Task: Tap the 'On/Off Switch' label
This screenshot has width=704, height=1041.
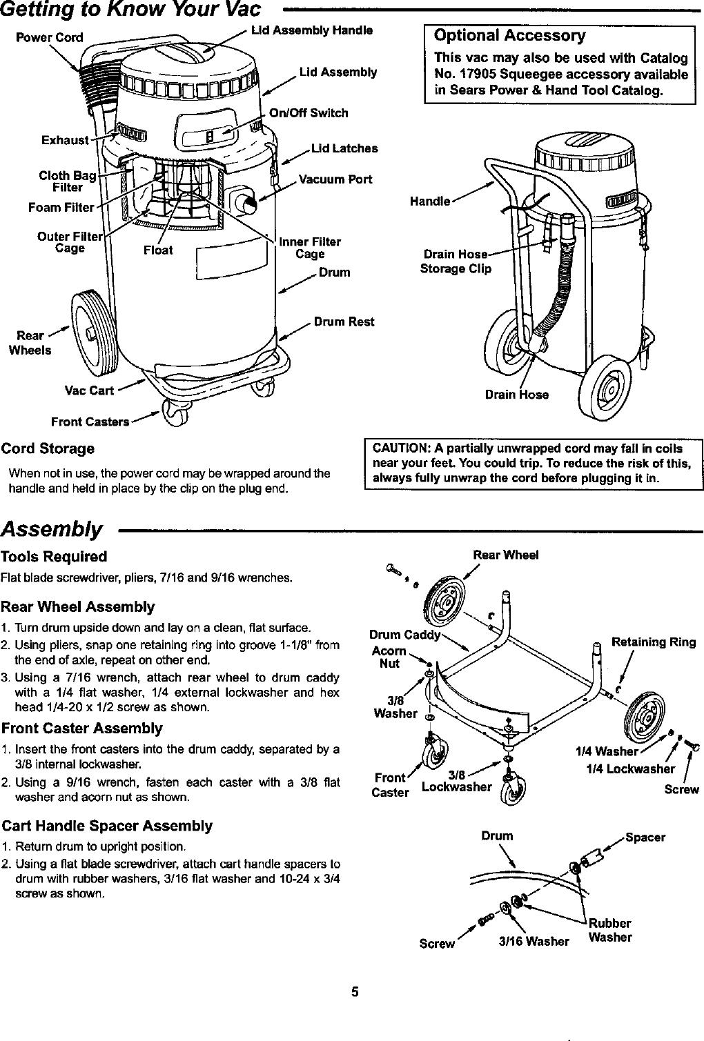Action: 309,113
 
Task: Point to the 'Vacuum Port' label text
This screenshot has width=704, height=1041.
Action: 335,179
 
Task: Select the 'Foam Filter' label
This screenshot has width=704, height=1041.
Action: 61,208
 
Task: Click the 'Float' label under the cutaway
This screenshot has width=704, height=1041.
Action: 158,250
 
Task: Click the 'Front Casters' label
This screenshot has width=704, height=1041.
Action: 90,422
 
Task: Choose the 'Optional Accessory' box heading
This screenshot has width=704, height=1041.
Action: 509,36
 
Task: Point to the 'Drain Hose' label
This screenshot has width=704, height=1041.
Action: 517,395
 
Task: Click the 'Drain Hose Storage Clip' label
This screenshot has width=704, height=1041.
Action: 456,261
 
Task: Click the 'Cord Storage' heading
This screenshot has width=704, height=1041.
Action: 48,448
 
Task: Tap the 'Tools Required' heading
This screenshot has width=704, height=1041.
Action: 54,557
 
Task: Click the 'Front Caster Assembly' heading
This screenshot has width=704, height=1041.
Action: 82,728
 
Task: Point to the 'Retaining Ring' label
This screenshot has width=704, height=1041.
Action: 654,642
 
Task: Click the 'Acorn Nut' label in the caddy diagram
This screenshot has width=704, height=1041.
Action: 389,657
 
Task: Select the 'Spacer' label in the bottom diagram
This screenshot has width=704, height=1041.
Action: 645,837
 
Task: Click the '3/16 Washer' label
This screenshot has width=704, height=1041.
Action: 534,942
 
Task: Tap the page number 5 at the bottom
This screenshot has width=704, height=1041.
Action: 355,993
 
